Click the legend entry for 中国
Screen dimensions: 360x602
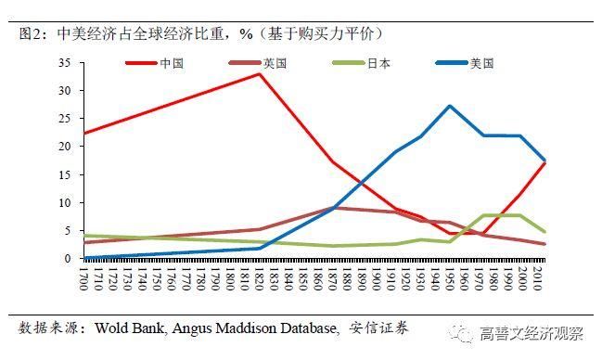(173, 63)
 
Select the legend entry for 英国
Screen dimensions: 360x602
(275, 63)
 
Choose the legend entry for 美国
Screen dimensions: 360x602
(481, 63)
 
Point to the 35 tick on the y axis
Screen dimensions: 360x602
(64, 63)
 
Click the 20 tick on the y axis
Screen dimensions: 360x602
(64, 147)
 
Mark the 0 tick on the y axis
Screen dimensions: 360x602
(68, 258)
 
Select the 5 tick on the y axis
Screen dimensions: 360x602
(68, 230)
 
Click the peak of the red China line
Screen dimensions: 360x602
(259, 73)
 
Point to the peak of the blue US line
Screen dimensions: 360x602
(450, 106)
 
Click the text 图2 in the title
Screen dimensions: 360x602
(32, 32)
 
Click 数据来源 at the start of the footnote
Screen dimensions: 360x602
(45, 328)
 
